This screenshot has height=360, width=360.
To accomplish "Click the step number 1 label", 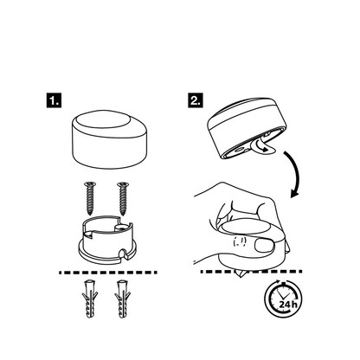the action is [x=54, y=100].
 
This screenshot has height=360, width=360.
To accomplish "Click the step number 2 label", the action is [x=196, y=100].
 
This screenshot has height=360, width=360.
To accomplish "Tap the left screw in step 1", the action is [x=90, y=198].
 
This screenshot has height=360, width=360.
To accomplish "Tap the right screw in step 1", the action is [x=123, y=198].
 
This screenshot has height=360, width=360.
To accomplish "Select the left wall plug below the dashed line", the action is [x=90, y=299].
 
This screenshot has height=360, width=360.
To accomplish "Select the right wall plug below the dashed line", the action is [x=123, y=299].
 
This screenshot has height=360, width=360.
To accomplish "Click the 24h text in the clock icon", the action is [x=288, y=304].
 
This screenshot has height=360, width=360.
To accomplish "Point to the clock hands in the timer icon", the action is [x=284, y=295].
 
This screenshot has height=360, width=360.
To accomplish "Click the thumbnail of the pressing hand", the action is [x=264, y=245].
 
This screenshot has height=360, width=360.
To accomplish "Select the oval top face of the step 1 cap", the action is [x=103, y=119].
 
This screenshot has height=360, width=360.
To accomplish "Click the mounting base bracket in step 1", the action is [x=107, y=240].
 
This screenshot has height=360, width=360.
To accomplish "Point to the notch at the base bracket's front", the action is [x=124, y=253].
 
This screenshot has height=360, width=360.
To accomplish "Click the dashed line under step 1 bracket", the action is [x=108, y=273].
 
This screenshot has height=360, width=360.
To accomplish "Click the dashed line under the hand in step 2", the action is [x=251, y=272].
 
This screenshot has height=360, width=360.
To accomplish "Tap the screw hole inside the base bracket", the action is [x=120, y=228].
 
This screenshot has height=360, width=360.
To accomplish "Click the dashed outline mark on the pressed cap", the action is [x=240, y=241].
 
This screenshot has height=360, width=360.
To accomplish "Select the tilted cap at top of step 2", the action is [x=247, y=127].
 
